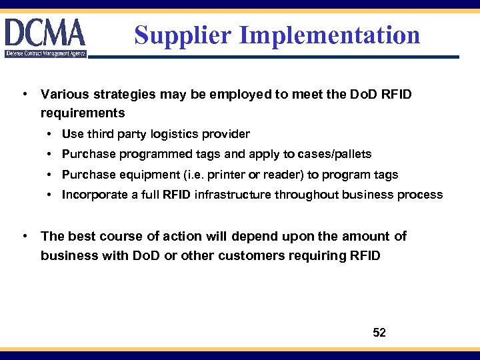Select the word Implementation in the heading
330,35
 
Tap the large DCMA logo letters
45,32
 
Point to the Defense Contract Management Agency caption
45,53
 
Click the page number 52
379,333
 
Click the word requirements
83,113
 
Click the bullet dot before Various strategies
24,94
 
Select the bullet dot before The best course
24,236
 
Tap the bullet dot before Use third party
51,134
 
